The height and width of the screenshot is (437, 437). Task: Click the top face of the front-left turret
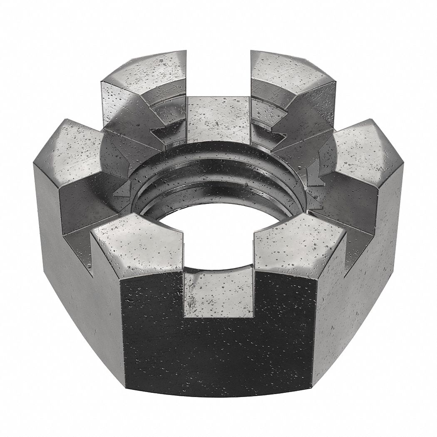(x=137, y=246)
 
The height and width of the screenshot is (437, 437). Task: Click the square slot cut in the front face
(x=218, y=291)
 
